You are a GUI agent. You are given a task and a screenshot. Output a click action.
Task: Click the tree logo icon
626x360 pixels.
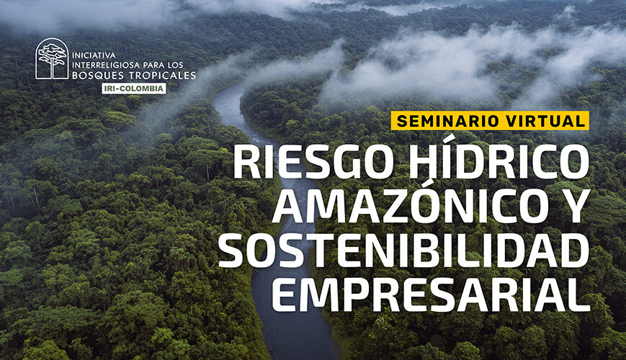tap(52, 59)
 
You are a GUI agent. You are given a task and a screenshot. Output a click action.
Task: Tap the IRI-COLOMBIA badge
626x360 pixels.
tap(134, 88)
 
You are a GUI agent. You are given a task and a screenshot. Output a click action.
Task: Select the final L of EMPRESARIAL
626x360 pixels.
tap(579, 294)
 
